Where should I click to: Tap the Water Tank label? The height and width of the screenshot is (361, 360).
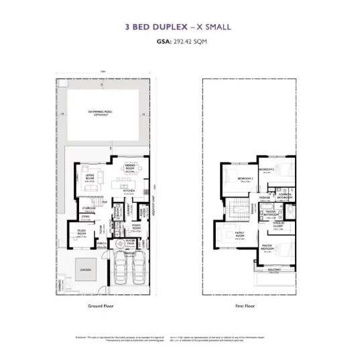(131, 240)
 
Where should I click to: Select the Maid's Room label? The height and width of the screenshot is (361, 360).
(135, 226)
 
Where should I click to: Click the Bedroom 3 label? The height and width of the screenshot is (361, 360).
(245, 178)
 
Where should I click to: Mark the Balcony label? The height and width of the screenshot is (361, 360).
(274, 270)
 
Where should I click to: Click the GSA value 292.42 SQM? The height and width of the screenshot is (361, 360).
(188, 41)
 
